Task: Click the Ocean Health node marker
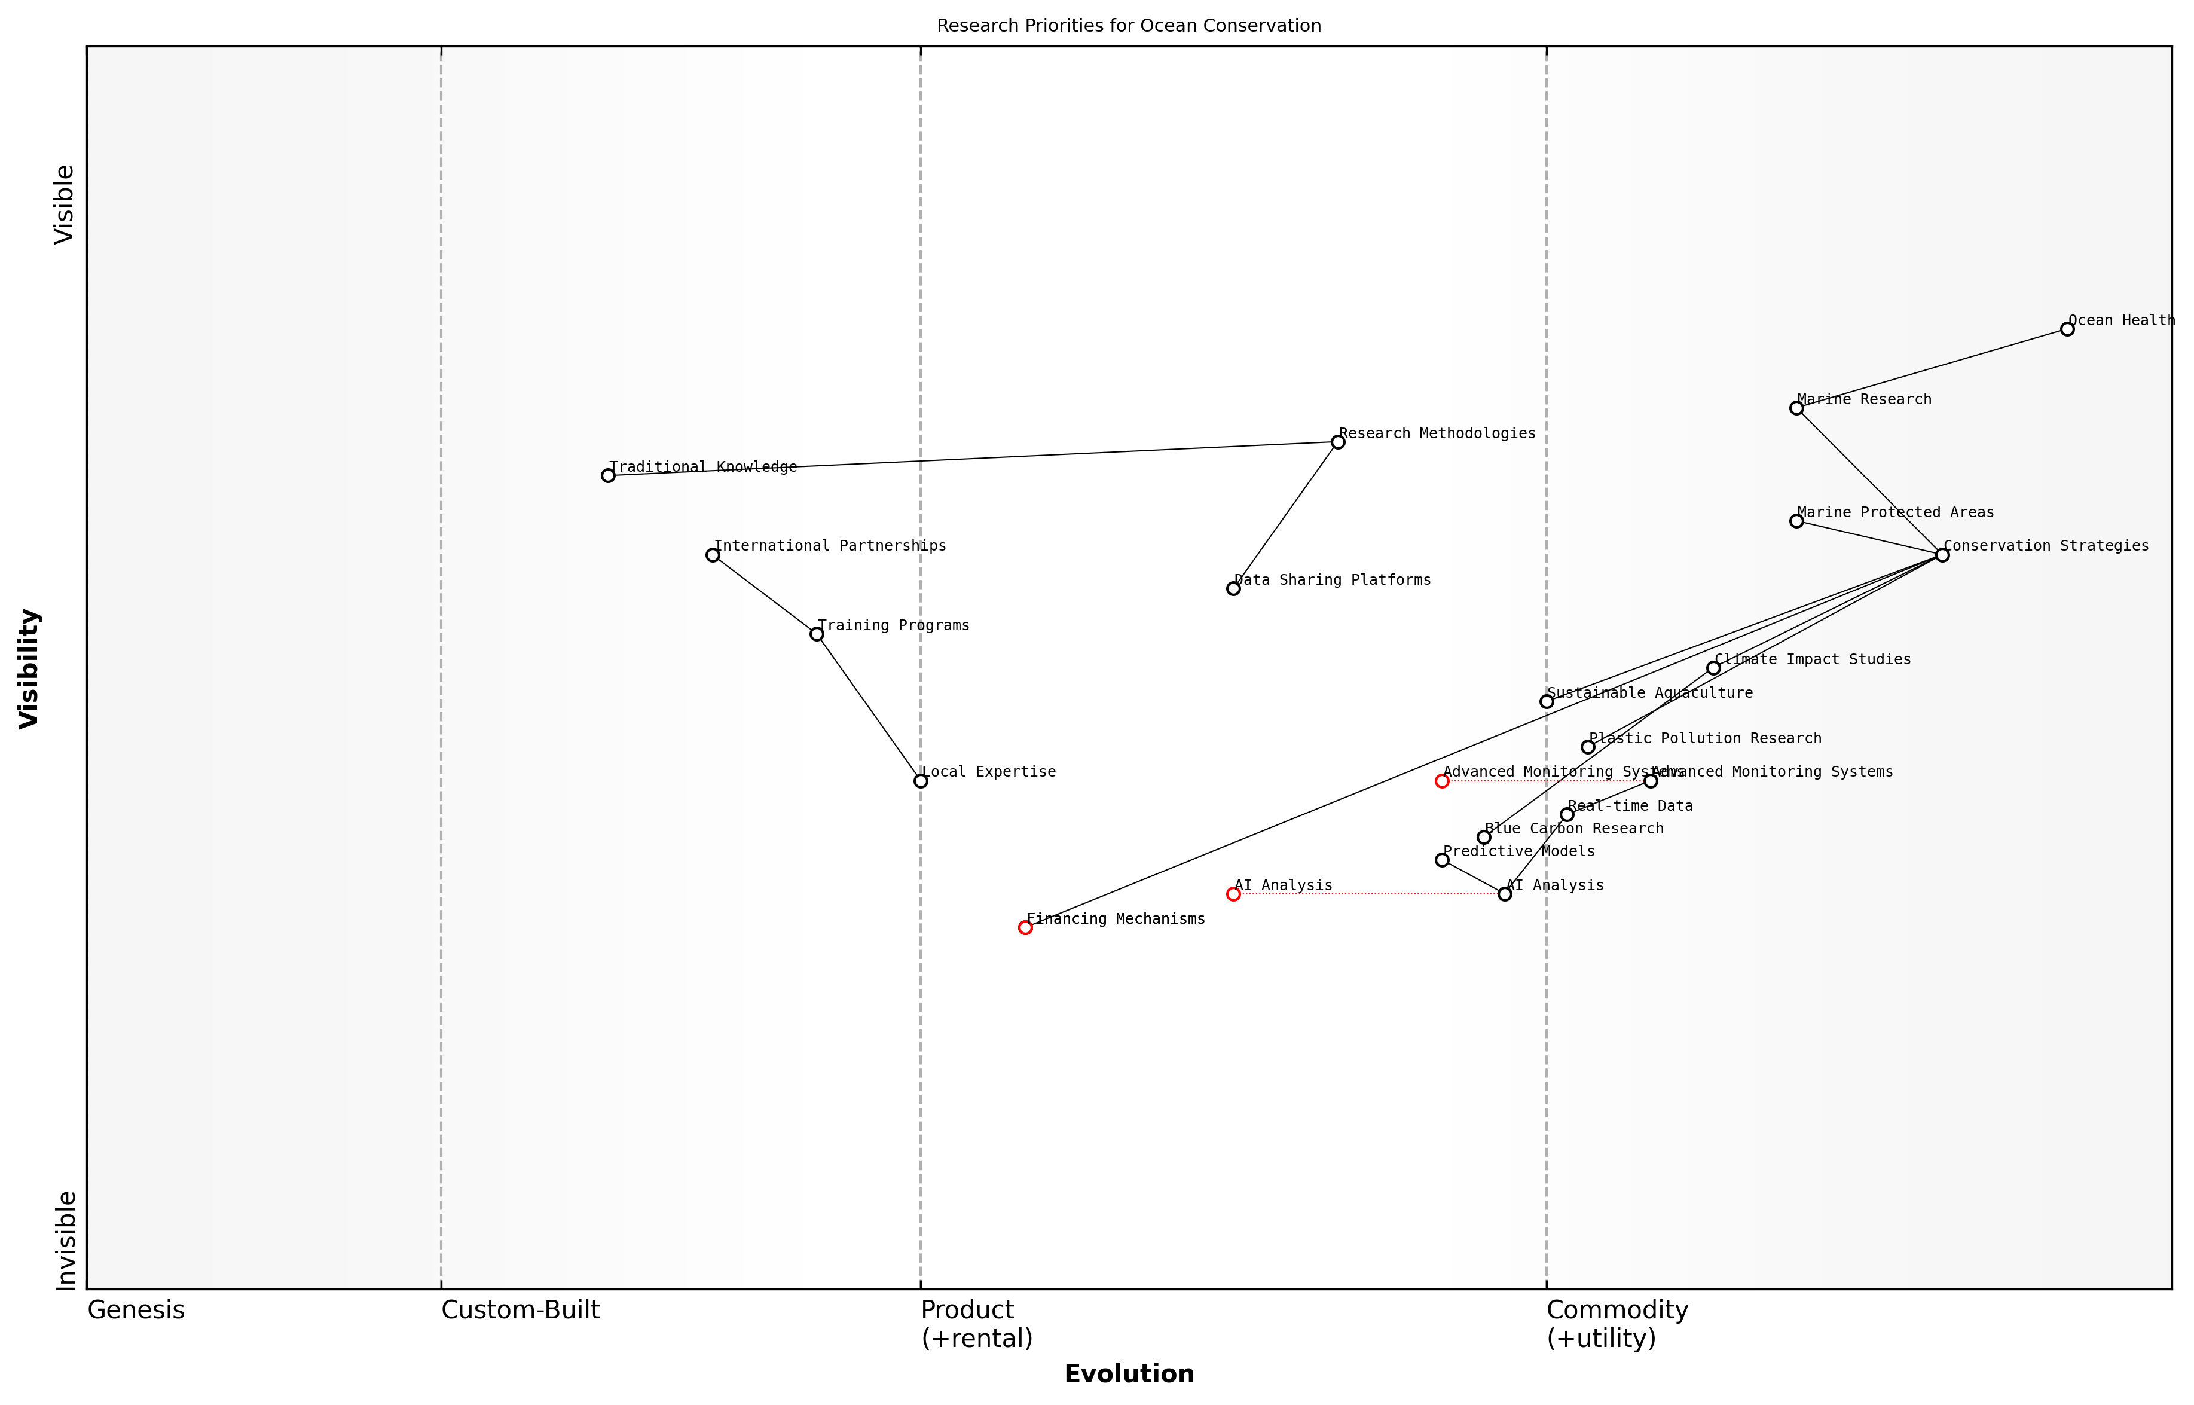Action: point(2067,329)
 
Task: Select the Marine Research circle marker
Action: point(1796,408)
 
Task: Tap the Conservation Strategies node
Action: point(1942,555)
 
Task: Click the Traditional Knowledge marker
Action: point(609,475)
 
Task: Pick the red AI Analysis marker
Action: point(1233,894)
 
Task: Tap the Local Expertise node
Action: point(921,781)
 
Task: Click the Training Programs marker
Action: point(817,634)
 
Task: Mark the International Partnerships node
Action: point(713,555)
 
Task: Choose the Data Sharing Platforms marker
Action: point(1233,588)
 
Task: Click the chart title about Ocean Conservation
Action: point(1129,26)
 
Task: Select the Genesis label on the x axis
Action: point(136,1310)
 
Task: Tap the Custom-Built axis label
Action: point(520,1310)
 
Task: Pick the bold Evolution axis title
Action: point(1129,1374)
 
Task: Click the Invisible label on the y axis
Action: point(66,1240)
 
